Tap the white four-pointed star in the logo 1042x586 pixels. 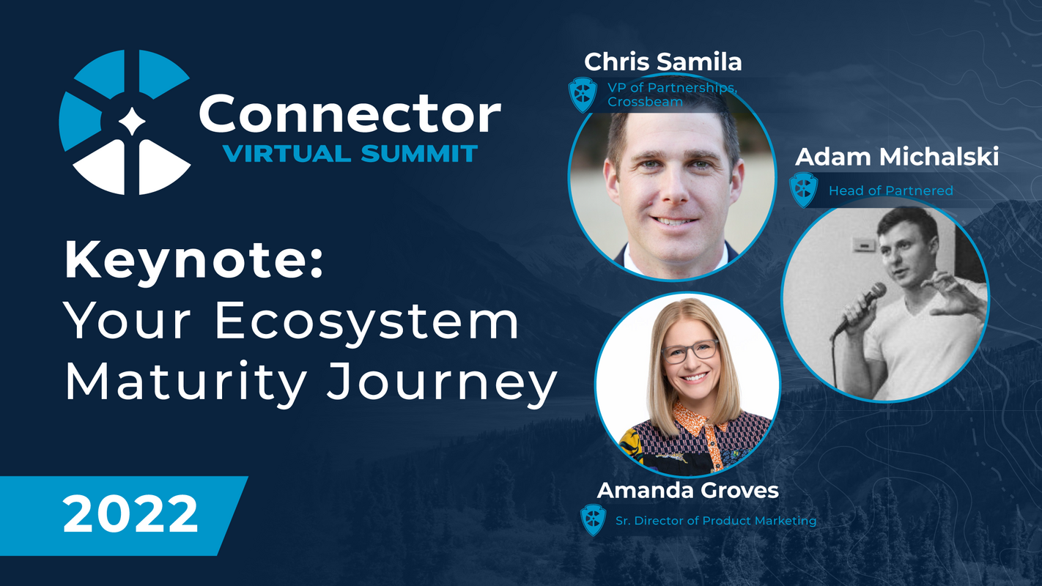pos(132,122)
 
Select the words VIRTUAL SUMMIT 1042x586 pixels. pos(350,154)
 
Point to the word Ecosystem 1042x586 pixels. pos(366,321)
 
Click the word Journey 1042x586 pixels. pos(442,382)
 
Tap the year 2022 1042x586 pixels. pos(130,514)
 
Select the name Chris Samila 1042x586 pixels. pos(663,62)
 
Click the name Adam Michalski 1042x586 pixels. pos(897,157)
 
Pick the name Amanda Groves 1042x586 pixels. pos(687,490)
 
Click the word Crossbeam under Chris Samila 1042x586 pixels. pos(645,102)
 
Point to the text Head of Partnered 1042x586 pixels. pos(891,190)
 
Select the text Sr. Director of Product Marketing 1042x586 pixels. pos(716,521)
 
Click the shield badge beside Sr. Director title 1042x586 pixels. pos(593,520)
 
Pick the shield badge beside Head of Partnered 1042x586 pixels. pos(803,190)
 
